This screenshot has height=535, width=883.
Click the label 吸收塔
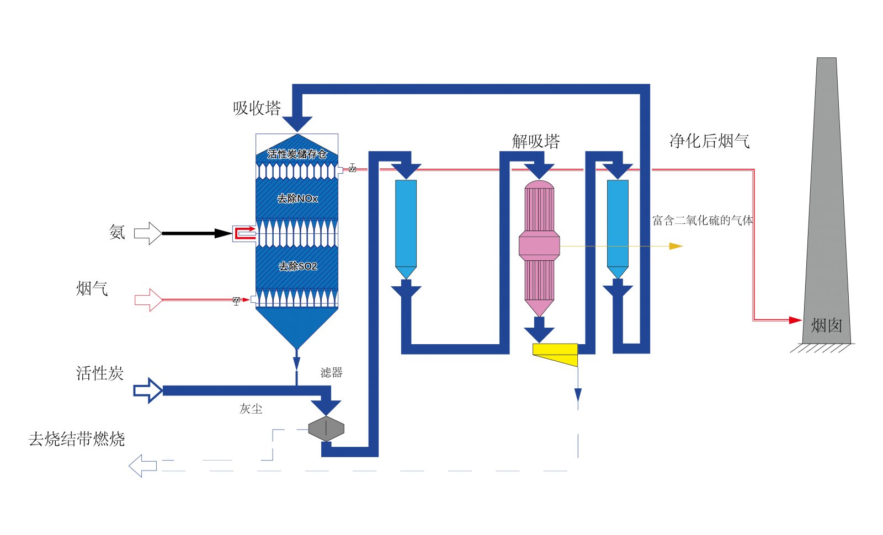tap(257, 108)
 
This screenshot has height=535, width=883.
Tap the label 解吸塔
tap(536, 142)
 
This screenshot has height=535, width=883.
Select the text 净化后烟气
tap(709, 141)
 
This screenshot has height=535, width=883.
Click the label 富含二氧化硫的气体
tap(702, 221)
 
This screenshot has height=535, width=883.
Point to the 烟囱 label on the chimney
tap(826, 325)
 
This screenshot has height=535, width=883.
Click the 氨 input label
tap(117, 232)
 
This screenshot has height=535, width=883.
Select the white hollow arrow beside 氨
tap(147, 233)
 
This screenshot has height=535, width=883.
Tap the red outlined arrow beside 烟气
tap(148, 300)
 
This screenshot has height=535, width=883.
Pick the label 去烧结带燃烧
tap(77, 440)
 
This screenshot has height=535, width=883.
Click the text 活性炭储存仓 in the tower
tap(297, 154)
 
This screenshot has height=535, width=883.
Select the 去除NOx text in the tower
tap(297, 199)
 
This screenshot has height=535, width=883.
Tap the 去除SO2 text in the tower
tap(297, 266)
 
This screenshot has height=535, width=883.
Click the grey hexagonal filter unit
tap(326, 429)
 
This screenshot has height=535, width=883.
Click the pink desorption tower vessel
tap(539, 245)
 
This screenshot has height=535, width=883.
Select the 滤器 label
tap(331, 373)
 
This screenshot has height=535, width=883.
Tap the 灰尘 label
tap(251, 409)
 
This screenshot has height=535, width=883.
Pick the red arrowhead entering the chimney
tap(795, 320)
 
